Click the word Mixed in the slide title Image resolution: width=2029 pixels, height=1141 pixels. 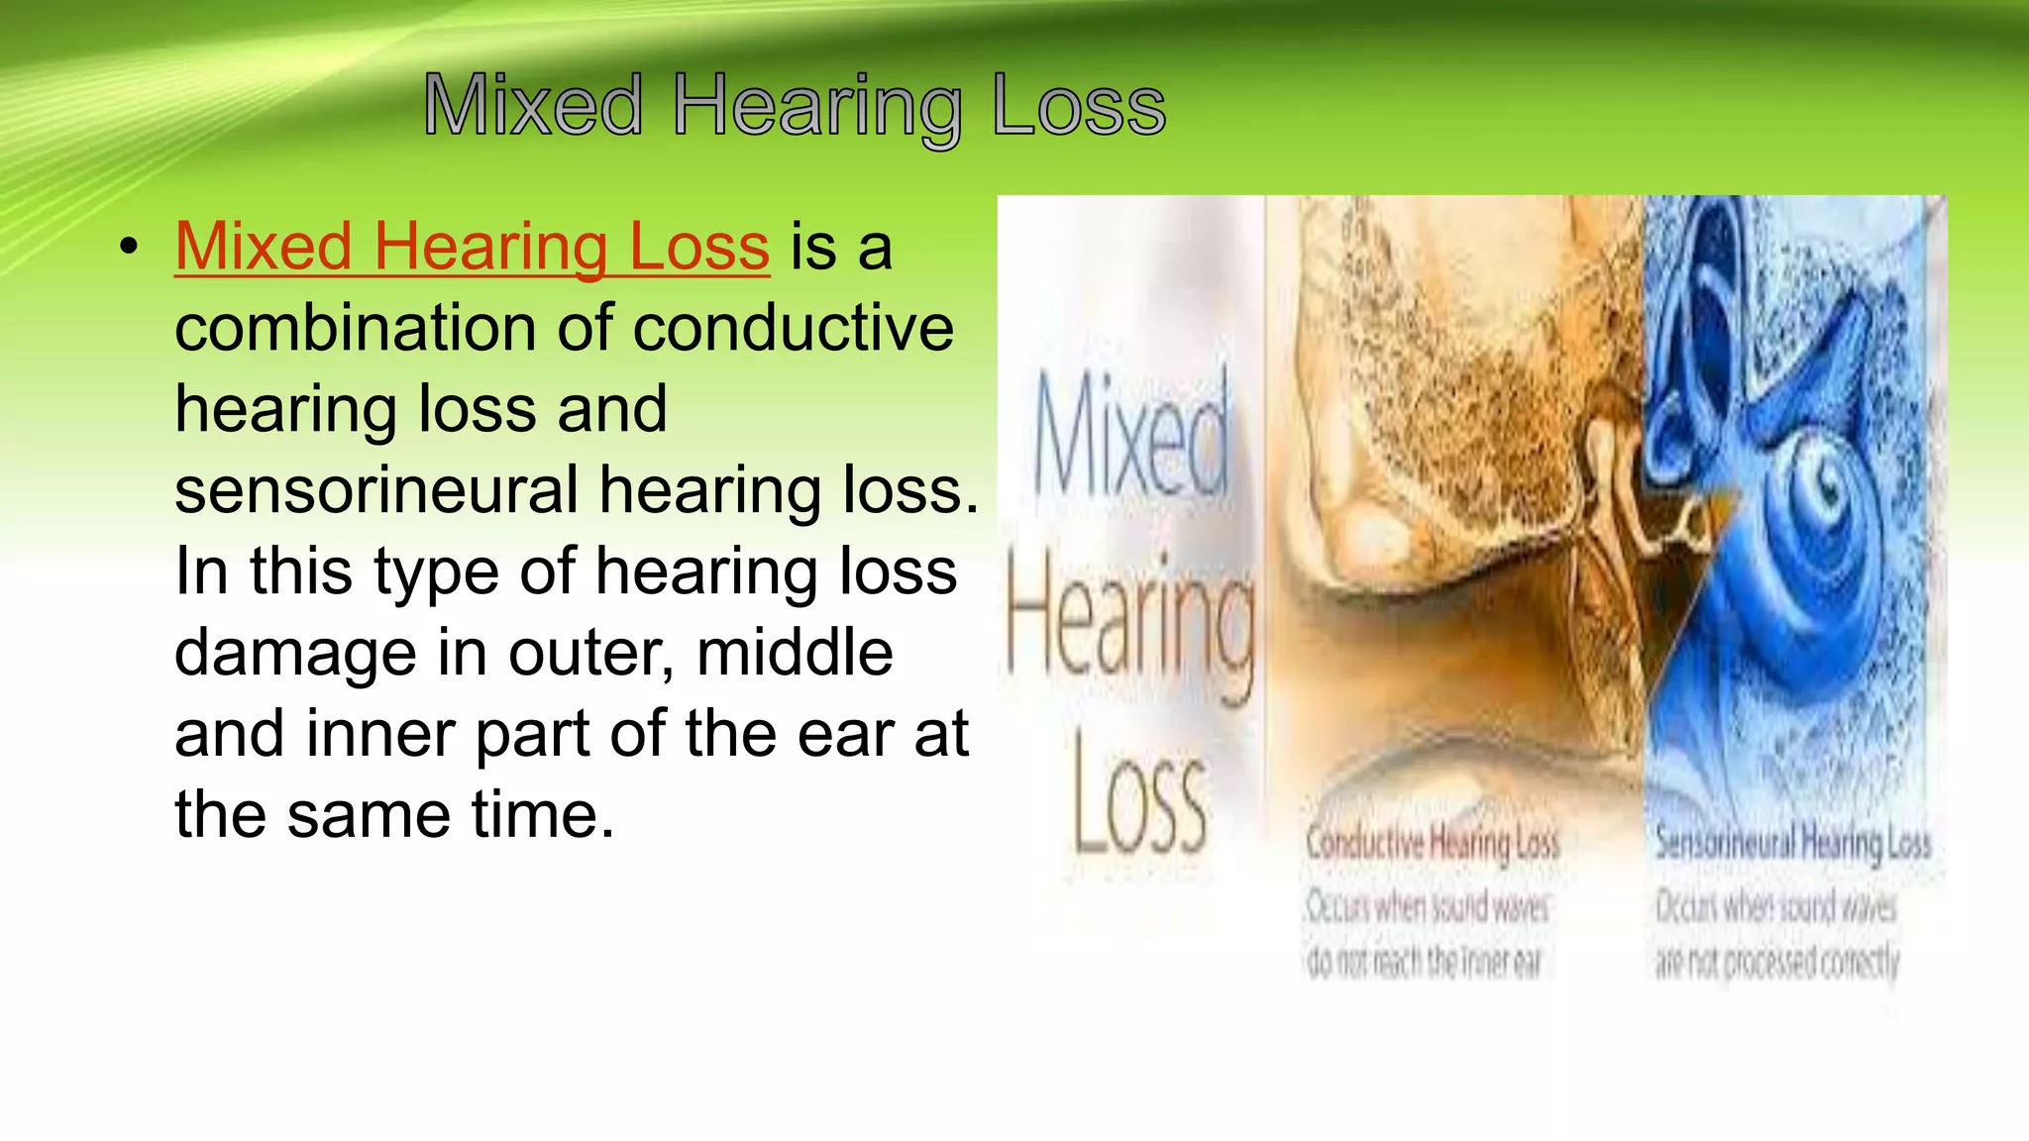click(533, 105)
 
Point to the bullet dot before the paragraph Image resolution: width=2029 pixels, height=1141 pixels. click(128, 248)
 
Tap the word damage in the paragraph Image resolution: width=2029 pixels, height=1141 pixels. click(295, 653)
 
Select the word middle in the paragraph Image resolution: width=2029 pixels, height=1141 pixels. click(795, 653)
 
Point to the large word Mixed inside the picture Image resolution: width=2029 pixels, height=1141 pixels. click(1131, 436)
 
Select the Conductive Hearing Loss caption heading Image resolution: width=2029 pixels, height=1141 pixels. click(1433, 843)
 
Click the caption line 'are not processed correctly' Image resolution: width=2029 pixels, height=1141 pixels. click(1777, 962)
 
